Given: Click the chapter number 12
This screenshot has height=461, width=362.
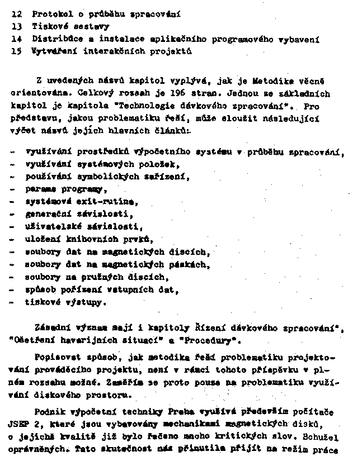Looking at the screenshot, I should coord(17,12).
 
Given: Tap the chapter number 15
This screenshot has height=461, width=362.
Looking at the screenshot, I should coord(17,51).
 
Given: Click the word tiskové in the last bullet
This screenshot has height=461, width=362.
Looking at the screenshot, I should coord(43,302).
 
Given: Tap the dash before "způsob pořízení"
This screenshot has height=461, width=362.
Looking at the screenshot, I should coord(13,289).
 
